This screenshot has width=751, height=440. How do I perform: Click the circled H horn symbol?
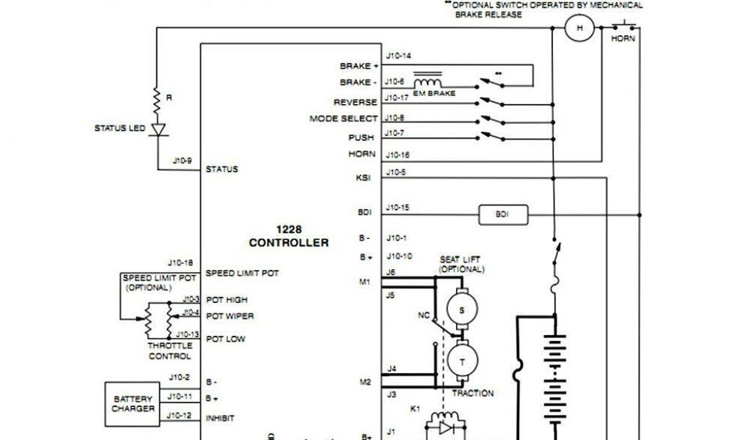coord(579,28)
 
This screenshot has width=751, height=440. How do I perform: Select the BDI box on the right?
coord(502,215)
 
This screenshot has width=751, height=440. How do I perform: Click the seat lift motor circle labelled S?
coord(461,309)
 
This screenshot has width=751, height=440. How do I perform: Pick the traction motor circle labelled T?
coord(462,362)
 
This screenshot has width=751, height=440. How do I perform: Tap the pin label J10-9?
coord(182,160)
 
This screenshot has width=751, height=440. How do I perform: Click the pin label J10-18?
coord(180,263)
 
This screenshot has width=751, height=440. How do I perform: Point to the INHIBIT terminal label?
coord(220,418)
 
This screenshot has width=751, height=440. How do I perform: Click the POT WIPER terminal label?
coord(230,316)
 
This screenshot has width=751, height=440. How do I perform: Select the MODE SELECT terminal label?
coord(343,119)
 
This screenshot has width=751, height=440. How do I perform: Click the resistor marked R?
coord(156,98)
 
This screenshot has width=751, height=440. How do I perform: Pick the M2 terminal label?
coord(365,382)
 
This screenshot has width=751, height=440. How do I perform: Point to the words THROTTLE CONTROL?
coord(170,351)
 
